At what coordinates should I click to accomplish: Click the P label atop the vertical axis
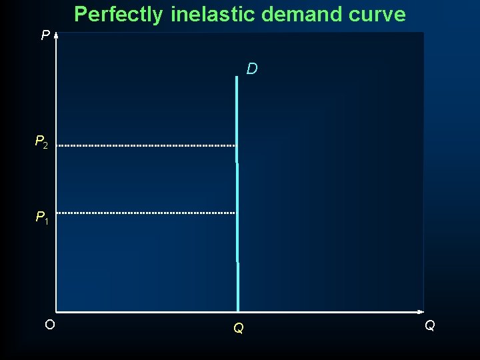tap(45, 35)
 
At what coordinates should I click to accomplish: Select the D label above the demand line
tap(252, 69)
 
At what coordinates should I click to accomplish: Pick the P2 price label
tap(41, 142)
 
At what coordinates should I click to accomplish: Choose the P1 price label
tap(41, 217)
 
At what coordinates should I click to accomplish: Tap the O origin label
tap(49, 325)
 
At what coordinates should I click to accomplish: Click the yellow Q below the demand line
tap(238, 328)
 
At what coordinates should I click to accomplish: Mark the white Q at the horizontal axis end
tap(430, 325)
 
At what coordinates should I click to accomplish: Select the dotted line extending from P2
tap(147, 145)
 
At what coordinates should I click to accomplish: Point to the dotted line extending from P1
tap(147, 213)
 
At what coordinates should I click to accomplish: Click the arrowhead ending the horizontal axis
tap(421, 311)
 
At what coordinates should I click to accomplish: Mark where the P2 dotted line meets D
tap(237, 145)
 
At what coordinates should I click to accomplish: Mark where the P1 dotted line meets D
tap(237, 213)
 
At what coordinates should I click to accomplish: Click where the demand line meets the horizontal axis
tap(237, 311)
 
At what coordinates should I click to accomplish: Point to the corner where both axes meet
tap(56, 311)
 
